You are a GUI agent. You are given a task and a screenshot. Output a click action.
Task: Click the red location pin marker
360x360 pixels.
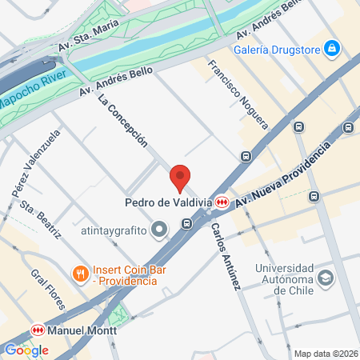point(180,178)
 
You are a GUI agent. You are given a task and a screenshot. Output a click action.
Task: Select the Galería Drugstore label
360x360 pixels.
point(277,50)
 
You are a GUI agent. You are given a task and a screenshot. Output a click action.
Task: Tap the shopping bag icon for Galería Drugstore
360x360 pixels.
point(332,50)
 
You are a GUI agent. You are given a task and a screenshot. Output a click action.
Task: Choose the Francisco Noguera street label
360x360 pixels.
point(238,93)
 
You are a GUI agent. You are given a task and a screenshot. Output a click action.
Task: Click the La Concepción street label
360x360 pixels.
point(122,121)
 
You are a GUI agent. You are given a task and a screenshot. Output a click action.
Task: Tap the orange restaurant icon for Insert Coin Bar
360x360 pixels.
point(80,274)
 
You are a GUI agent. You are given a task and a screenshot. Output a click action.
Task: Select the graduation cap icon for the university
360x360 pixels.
point(326,278)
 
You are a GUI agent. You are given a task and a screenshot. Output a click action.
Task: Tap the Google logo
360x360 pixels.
point(26,350)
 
